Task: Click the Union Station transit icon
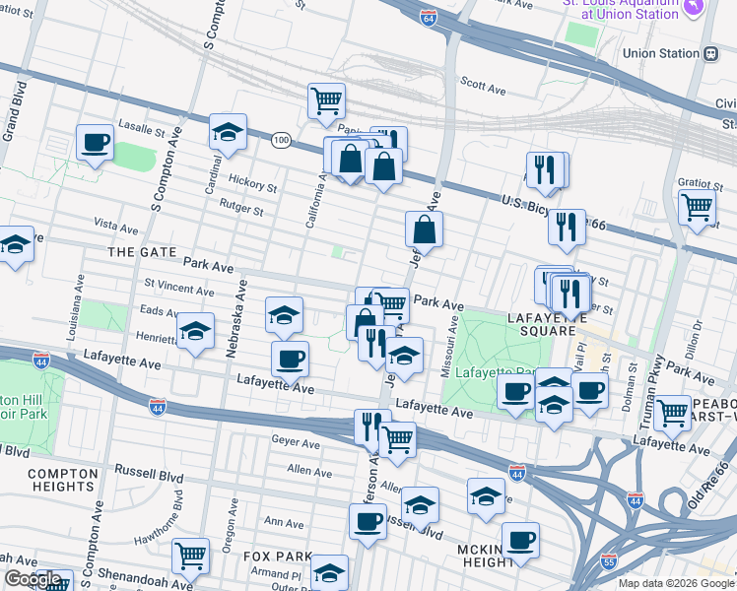click(x=710, y=53)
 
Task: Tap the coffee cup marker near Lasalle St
click(x=95, y=143)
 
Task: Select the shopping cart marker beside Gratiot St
click(x=697, y=208)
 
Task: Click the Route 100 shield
click(x=281, y=141)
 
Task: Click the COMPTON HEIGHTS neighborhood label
click(x=63, y=481)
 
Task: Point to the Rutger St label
click(x=241, y=210)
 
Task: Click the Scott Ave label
click(x=483, y=89)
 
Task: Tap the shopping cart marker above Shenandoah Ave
click(x=189, y=555)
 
